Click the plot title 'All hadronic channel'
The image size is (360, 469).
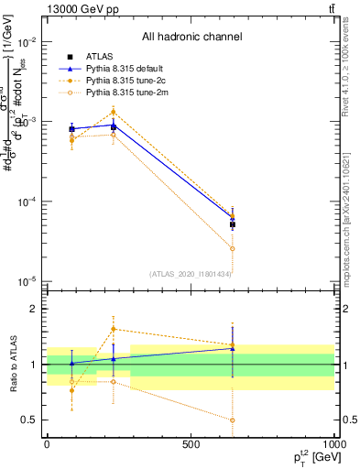click(x=191, y=37)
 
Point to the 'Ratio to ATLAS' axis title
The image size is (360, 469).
click(x=14, y=365)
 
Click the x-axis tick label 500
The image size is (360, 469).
click(x=191, y=443)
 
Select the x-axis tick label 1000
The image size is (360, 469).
click(x=333, y=443)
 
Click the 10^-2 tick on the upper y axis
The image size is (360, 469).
click(x=27, y=43)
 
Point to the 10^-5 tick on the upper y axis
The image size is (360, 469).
click(x=27, y=281)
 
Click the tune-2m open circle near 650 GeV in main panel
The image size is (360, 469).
click(x=233, y=248)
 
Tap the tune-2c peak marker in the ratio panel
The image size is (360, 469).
click(x=114, y=329)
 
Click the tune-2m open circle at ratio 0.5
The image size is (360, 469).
click(x=233, y=420)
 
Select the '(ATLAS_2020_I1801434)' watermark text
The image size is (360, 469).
click(x=191, y=274)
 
